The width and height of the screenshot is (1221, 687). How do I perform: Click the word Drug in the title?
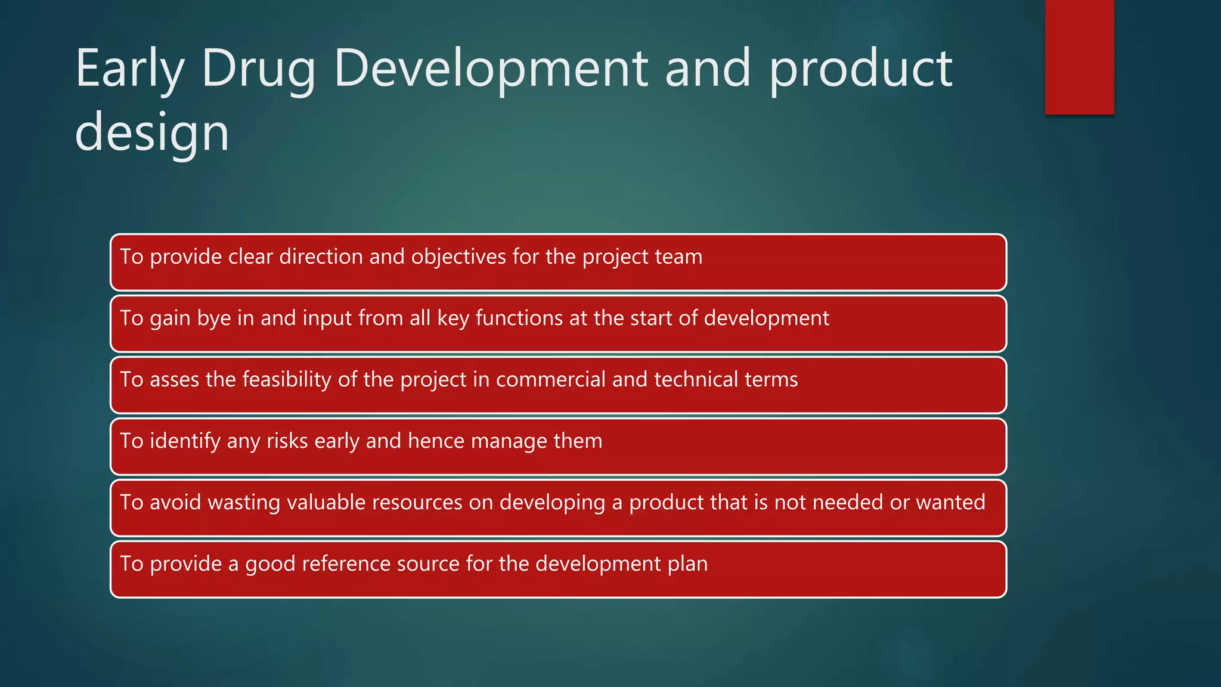[x=258, y=70]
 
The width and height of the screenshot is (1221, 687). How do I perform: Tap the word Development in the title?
[x=490, y=70]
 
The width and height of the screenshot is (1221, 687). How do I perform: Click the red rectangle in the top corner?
[x=1079, y=57]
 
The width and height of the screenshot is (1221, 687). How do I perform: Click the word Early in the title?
[x=129, y=70]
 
